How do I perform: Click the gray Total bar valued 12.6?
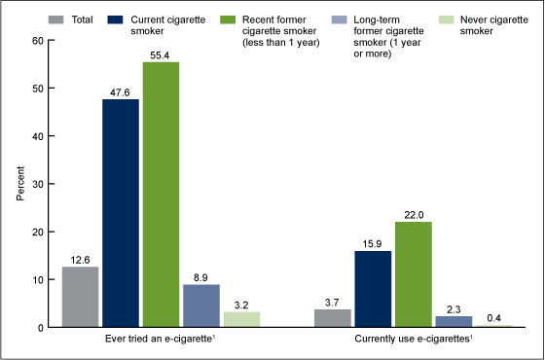pyautogui.click(x=81, y=297)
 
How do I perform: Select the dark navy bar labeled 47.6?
pyautogui.click(x=122, y=213)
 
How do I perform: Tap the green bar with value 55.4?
pyautogui.click(x=162, y=195)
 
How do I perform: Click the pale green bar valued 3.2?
pyautogui.click(x=242, y=319)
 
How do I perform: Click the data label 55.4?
pyautogui.click(x=162, y=54)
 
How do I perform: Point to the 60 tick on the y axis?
pyautogui.click(x=37, y=41)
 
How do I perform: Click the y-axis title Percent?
pyautogui.click(x=19, y=184)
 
